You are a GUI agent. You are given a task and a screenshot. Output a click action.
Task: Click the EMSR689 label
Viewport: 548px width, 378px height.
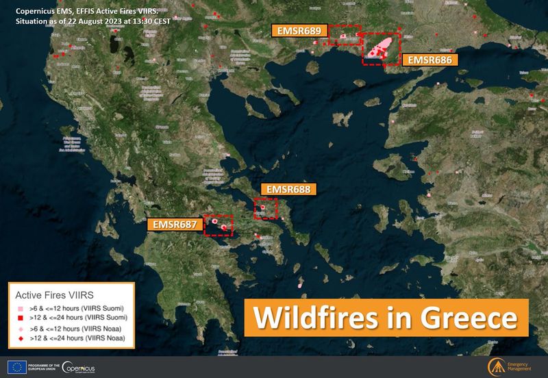[x=299, y=31]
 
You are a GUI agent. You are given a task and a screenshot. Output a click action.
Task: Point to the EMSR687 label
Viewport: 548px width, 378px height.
[x=175, y=224]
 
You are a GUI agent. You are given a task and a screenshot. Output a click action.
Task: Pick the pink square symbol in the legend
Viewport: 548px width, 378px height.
[x=21, y=308]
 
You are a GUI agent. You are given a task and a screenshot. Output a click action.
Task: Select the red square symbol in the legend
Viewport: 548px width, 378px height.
[x=21, y=318]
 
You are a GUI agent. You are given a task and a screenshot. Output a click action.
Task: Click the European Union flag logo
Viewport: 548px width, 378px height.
[x=16, y=366]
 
